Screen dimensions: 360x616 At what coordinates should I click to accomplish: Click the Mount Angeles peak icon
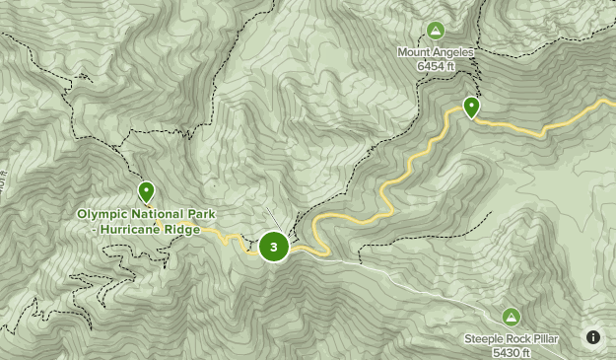click(436, 31)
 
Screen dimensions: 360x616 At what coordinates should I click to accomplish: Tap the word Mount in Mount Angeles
click(415, 52)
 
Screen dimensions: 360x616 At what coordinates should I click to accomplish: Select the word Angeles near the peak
click(453, 52)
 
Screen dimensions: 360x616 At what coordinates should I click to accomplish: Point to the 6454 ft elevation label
click(435, 65)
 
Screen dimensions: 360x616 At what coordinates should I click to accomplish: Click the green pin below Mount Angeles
click(472, 107)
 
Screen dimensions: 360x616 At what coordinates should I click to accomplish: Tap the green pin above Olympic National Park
click(147, 190)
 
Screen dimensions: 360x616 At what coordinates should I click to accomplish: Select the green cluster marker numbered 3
click(274, 247)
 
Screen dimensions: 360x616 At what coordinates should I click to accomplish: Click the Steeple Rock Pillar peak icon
click(511, 317)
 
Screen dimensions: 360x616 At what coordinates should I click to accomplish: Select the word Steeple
click(485, 339)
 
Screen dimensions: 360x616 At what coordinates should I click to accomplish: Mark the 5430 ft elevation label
click(512, 352)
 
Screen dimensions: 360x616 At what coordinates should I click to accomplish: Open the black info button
click(592, 337)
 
